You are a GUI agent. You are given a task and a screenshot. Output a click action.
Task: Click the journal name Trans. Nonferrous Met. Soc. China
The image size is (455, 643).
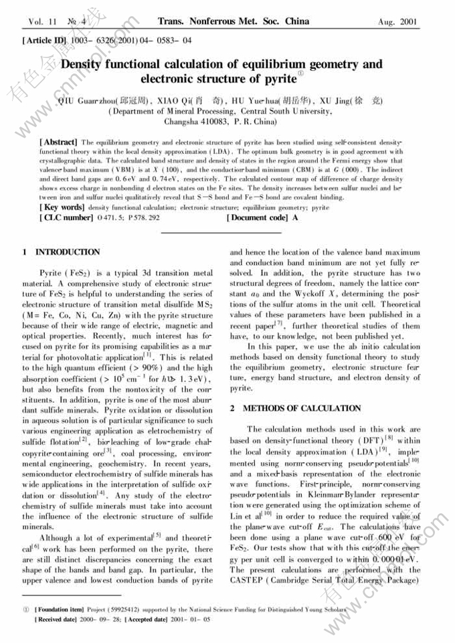(234, 21)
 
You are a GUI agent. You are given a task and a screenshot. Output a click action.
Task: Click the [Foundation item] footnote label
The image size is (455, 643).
(60, 610)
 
